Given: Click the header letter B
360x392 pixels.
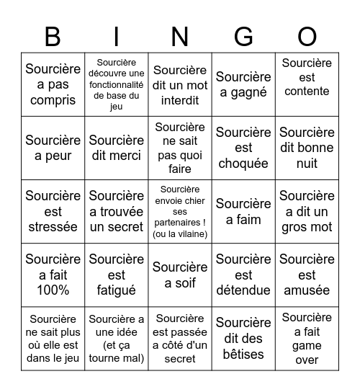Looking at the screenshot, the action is click(x=53, y=36).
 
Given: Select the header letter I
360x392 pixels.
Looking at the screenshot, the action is click(x=116, y=36).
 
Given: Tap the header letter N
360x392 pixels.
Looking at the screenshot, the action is click(x=180, y=36).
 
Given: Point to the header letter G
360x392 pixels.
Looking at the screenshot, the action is click(x=243, y=36).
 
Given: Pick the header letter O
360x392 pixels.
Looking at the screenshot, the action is click(x=307, y=36).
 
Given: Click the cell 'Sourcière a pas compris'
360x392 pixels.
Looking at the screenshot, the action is click(x=53, y=84).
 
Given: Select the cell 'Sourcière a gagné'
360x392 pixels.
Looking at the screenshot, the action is click(x=243, y=84).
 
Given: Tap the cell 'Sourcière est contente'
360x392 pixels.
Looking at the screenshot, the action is click(x=307, y=84).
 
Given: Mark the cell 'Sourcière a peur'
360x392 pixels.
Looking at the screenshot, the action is click(x=53, y=148).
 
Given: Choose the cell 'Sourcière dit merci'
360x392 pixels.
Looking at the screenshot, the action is click(x=116, y=148).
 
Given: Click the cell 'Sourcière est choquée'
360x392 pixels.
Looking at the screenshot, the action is click(x=243, y=148).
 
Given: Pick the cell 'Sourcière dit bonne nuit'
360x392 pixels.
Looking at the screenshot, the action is click(x=307, y=148).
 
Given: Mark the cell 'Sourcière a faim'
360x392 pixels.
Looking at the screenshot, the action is click(x=243, y=211).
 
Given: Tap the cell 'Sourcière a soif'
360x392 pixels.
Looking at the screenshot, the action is click(x=180, y=275).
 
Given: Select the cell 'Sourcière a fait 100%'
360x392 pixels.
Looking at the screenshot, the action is click(x=53, y=275).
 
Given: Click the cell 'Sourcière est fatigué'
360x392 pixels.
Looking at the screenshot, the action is click(x=116, y=275).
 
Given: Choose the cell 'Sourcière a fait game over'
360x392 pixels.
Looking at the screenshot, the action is click(x=307, y=338).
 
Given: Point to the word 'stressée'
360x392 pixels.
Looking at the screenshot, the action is click(x=53, y=227).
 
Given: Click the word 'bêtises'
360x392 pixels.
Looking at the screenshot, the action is click(x=243, y=355).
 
